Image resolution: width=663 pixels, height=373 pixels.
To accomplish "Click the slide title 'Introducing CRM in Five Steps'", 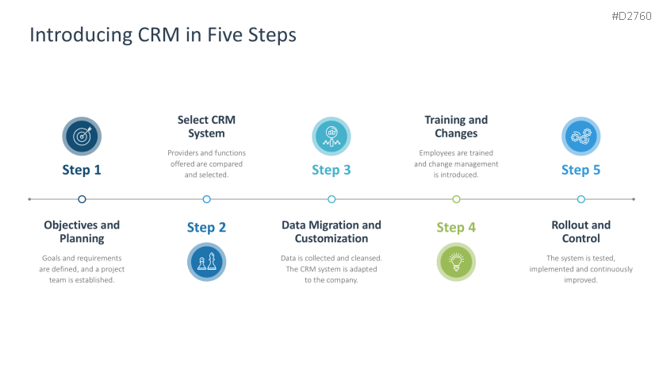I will tap(163, 35).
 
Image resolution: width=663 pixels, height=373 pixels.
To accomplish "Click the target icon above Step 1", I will tap(82, 137).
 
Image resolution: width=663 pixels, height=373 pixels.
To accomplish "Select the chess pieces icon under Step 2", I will tap(206, 262).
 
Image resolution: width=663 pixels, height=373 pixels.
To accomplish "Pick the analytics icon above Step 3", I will tap(331, 137).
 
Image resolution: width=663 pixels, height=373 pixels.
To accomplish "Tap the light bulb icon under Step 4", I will tap(456, 262).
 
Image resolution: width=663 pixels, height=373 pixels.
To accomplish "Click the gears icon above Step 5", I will tap(581, 137).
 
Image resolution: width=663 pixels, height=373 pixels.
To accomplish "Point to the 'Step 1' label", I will tap(82, 170).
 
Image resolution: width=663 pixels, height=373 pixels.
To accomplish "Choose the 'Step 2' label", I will tap(206, 228).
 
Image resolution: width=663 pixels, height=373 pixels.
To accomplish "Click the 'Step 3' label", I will tap(331, 170).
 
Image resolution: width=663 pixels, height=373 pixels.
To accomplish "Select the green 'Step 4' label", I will tap(456, 228).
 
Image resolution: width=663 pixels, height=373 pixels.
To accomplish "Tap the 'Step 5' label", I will tap(581, 170).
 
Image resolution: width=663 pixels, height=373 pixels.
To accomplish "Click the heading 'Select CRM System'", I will tap(206, 126).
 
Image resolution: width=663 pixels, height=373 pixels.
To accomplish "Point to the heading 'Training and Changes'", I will tap(456, 126).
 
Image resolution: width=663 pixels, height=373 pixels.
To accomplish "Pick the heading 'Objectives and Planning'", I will tap(82, 232).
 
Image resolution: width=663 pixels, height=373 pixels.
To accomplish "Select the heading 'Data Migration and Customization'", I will tap(331, 232).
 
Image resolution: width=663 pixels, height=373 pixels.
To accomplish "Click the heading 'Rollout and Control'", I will tap(581, 232).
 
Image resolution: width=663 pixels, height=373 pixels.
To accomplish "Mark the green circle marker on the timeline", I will tap(456, 199).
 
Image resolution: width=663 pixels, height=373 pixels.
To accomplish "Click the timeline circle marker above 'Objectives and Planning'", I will tap(82, 199).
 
